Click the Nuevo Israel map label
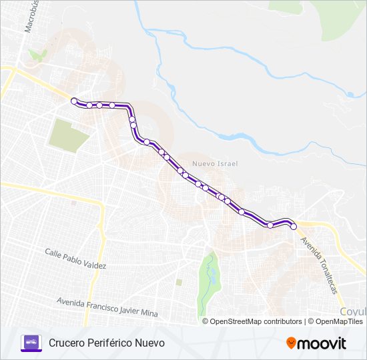click(x=214, y=163)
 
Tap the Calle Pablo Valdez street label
click(x=75, y=259)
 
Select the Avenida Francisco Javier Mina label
click(x=107, y=307)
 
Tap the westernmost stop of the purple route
click(x=74, y=101)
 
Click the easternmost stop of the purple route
click(x=293, y=227)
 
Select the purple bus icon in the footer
click(x=31, y=343)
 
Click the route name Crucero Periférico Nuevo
click(x=106, y=343)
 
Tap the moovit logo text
click(x=322, y=343)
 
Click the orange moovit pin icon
click(x=292, y=343)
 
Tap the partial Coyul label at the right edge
click(x=352, y=311)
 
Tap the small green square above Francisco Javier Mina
click(x=179, y=282)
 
